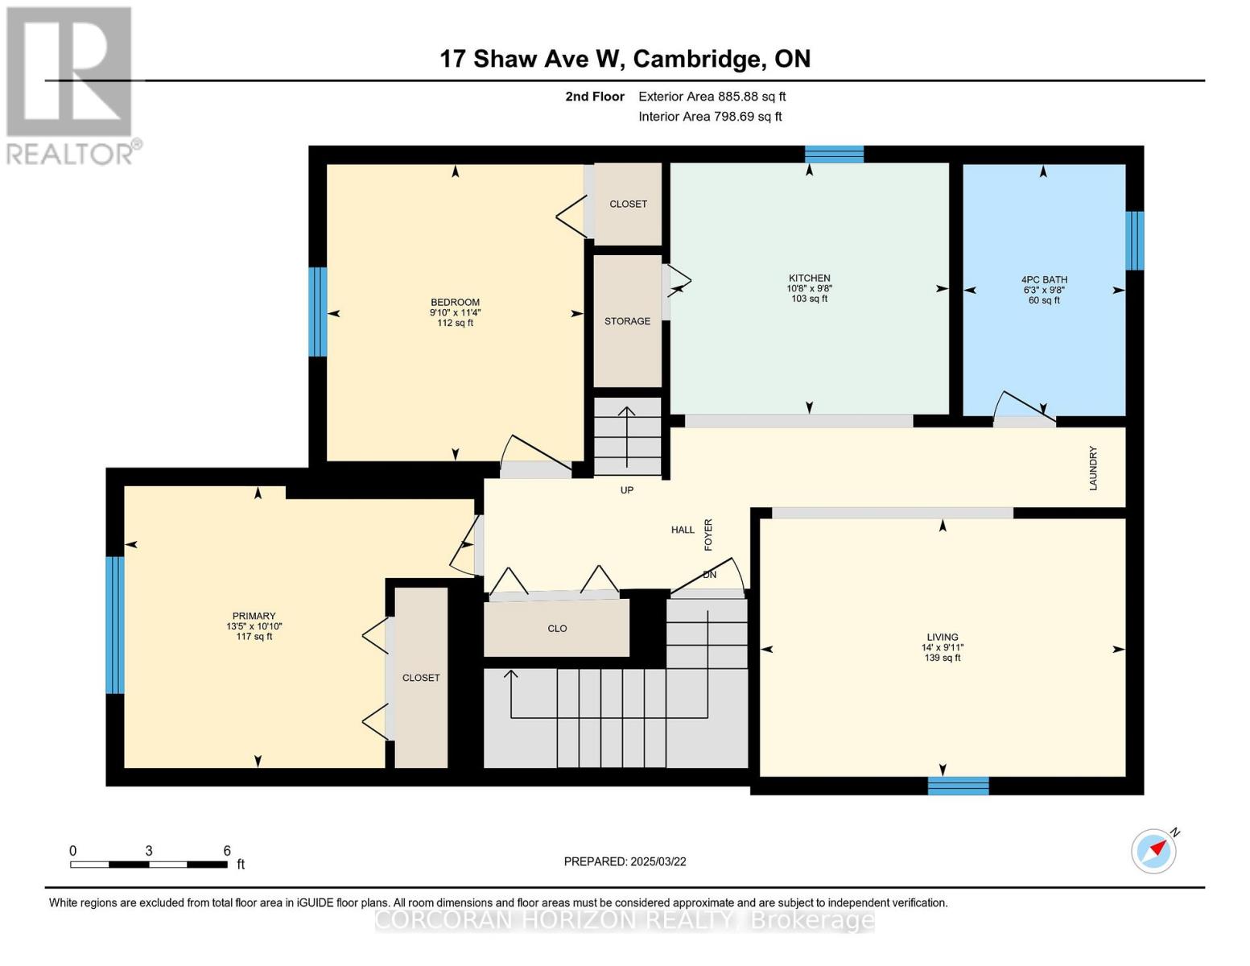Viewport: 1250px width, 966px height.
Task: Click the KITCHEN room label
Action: (x=809, y=278)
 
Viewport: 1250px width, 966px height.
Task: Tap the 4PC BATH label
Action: (x=1044, y=280)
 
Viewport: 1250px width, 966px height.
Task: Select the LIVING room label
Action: (x=943, y=637)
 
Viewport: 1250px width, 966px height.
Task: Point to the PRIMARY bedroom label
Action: (x=254, y=616)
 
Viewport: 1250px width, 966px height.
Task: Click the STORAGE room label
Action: (x=627, y=321)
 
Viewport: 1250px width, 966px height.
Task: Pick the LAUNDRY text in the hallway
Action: (x=1093, y=468)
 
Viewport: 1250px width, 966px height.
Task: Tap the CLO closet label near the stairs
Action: (x=557, y=629)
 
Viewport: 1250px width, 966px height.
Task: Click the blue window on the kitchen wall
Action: (x=835, y=154)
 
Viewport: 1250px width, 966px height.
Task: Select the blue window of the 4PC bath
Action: (x=1134, y=241)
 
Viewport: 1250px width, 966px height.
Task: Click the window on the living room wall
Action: (x=958, y=786)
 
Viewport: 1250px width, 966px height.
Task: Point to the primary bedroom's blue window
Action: (x=115, y=625)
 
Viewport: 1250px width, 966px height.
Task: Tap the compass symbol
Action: (x=1153, y=851)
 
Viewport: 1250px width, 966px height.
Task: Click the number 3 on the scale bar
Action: (x=149, y=851)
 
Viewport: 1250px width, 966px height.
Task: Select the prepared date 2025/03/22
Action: (x=658, y=861)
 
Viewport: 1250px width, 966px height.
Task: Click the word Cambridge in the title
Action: (x=698, y=59)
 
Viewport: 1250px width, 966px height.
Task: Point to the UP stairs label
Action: (x=627, y=490)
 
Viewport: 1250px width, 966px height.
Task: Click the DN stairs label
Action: (x=709, y=575)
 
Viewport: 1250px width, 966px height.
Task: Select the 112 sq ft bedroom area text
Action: (x=455, y=323)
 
